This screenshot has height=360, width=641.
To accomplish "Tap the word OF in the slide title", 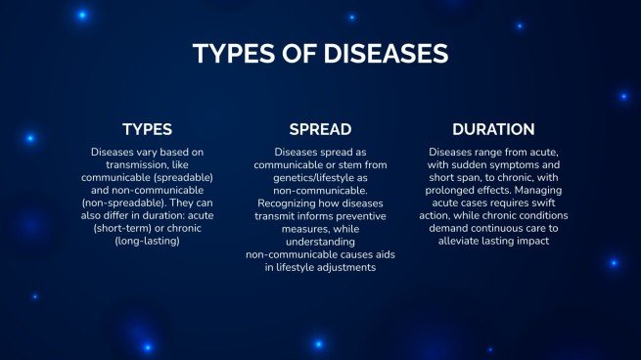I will pos(298,53).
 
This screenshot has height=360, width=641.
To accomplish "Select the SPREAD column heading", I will pos(320,129).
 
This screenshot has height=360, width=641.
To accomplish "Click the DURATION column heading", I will pos(493,129).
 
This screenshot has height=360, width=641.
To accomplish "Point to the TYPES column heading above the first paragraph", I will pos(147,129).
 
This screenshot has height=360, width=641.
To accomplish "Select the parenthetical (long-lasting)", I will pos(147,240).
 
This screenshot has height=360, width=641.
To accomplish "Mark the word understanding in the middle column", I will pos(320,241).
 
